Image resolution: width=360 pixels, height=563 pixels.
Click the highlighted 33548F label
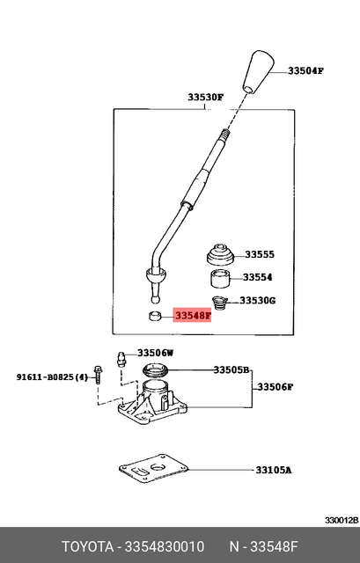[193, 314]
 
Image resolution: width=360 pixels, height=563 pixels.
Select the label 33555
[260, 254]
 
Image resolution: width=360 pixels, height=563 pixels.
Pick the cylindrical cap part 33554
[219, 281]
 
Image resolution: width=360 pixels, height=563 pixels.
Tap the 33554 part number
[260, 277]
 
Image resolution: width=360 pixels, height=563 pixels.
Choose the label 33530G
[259, 300]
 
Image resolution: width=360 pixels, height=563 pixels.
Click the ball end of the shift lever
[155, 286]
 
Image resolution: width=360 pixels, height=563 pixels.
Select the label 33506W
[156, 353]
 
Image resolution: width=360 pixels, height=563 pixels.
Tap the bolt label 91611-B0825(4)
[52, 377]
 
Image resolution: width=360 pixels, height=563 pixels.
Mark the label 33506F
[276, 387]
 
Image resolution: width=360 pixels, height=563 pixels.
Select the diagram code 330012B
[341, 520]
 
